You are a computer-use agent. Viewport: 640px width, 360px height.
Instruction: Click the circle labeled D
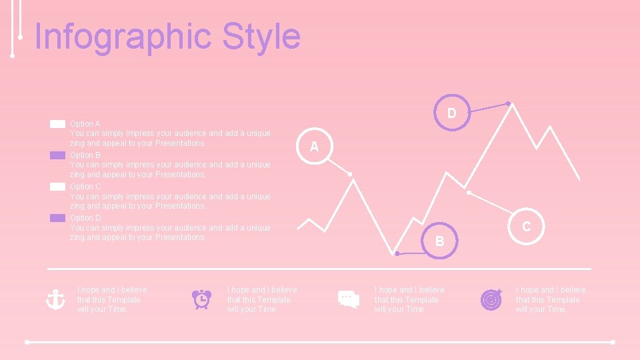click(451, 112)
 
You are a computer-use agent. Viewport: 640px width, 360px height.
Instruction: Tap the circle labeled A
click(313, 147)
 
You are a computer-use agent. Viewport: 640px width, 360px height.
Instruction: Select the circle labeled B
click(439, 241)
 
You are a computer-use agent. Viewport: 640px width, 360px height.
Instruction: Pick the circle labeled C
click(526, 226)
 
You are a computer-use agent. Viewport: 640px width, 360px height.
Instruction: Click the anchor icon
click(55, 299)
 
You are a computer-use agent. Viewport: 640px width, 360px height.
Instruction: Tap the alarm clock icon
click(201, 299)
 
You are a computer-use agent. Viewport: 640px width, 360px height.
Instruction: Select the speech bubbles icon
click(348, 299)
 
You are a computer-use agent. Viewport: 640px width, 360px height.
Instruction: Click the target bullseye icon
click(491, 299)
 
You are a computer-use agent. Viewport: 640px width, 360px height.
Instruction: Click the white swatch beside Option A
click(57, 124)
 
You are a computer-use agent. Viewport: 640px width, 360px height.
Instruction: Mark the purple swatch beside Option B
click(57, 155)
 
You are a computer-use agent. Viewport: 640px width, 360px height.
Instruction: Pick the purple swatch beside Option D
click(57, 218)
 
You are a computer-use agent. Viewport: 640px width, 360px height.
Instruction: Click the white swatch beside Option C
click(57, 187)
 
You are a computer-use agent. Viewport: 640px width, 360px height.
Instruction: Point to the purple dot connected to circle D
click(508, 103)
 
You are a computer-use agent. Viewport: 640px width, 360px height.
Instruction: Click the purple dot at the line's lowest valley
click(397, 254)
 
